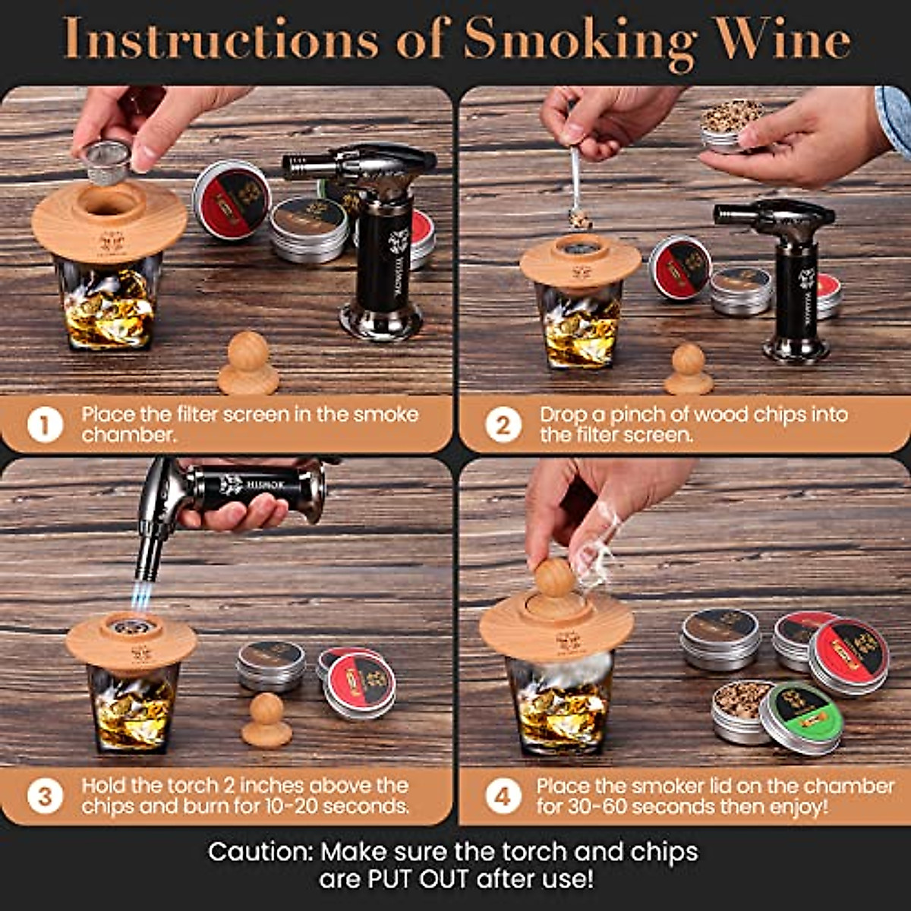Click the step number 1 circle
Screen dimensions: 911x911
(44, 425)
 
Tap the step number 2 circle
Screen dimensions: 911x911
(503, 425)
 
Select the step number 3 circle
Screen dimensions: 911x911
(44, 796)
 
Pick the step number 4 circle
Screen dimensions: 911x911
(503, 796)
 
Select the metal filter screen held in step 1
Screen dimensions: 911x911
(106, 162)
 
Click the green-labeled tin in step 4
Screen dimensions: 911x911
(802, 717)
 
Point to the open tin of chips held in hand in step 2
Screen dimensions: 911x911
(732, 125)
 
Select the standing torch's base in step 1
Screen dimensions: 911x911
(381, 320)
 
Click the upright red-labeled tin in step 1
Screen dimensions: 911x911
(231, 199)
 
